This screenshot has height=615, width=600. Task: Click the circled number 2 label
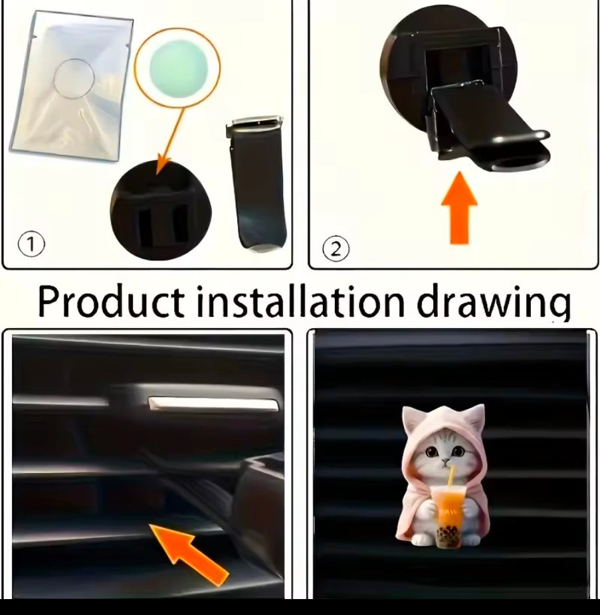[x=336, y=249]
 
